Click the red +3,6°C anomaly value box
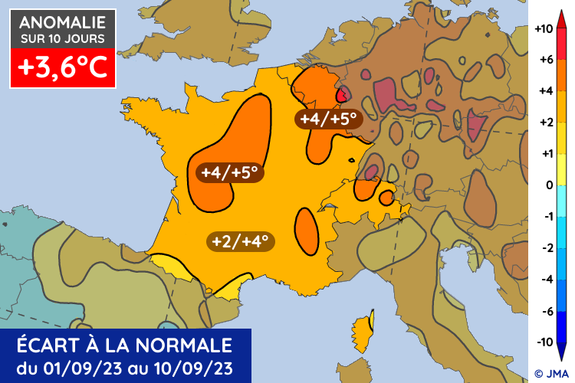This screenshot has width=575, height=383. point(63,68)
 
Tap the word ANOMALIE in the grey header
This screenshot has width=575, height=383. point(63,23)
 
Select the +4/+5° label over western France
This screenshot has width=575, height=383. point(229,172)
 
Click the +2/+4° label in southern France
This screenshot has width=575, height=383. point(241,241)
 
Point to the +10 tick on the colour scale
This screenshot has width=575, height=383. point(544,29)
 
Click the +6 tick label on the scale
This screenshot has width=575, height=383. point(544,60)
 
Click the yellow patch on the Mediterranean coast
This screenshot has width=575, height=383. point(227,290)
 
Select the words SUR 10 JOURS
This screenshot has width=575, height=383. point(63,38)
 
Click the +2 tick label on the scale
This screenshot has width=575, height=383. point(544,123)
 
